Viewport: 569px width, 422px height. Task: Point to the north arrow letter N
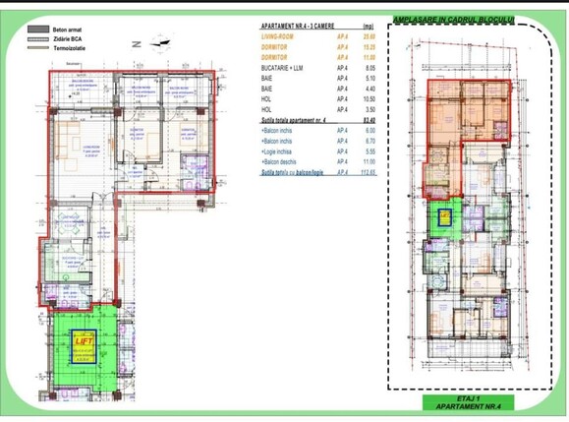pos(139,44)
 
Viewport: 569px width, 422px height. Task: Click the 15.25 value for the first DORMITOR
pos(370,46)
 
